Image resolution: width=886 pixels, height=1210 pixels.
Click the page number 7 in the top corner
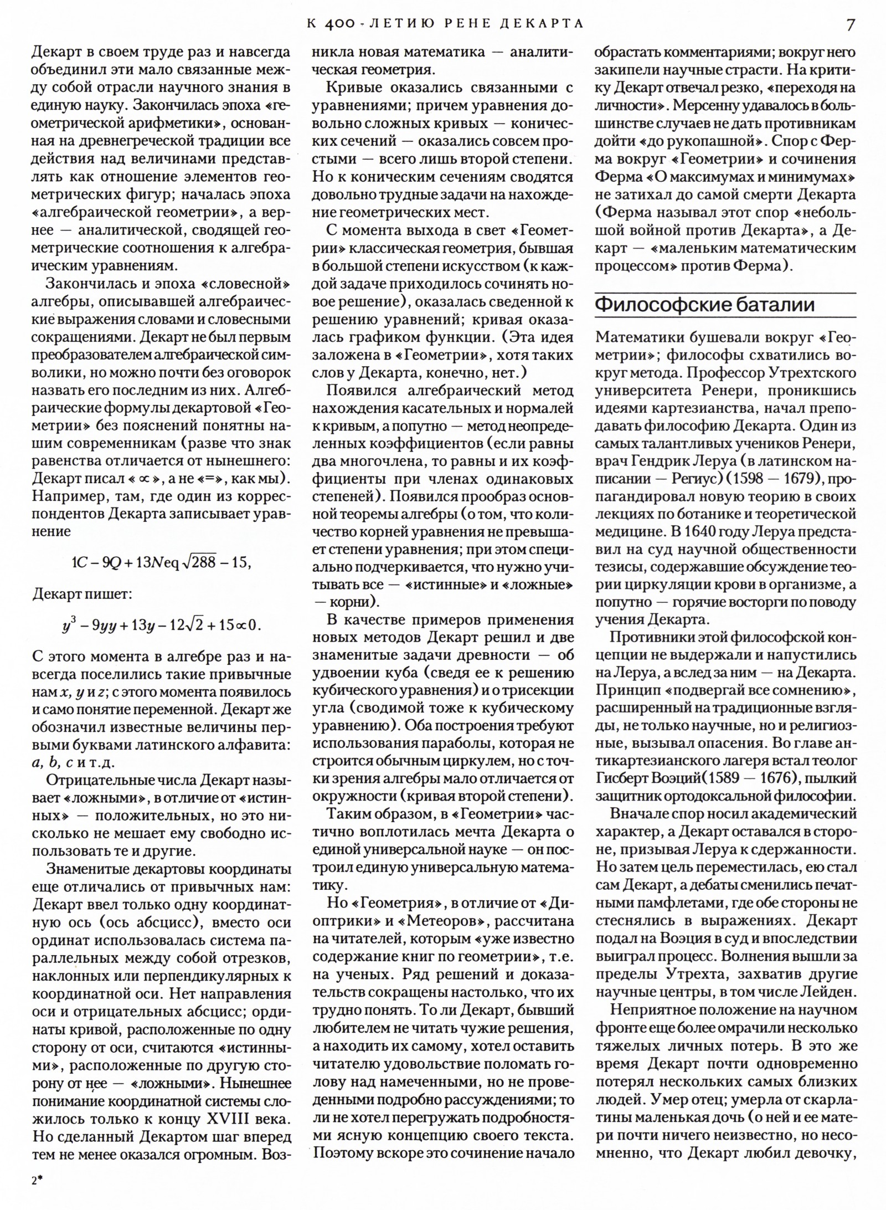pyautogui.click(x=850, y=24)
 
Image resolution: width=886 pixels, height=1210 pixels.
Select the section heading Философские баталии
pyautogui.click(x=704, y=305)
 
